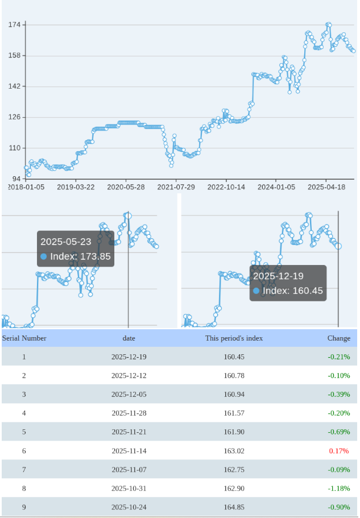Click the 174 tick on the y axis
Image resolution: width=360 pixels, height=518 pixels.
[15, 25]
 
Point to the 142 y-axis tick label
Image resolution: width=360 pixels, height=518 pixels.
[15, 86]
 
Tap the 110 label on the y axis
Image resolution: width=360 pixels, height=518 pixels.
[15, 148]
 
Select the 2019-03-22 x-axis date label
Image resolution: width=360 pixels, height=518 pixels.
[76, 187]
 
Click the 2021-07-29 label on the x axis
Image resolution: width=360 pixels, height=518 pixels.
[176, 187]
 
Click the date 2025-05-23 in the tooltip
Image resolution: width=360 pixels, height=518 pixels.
[66, 242]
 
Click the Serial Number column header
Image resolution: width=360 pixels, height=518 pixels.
[24, 338]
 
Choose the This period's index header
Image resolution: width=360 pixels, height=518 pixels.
[234, 338]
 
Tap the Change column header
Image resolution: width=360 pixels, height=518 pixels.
[339, 338]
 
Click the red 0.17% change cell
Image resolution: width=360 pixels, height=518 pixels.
[339, 451]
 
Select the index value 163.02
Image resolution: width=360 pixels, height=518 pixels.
[234, 451]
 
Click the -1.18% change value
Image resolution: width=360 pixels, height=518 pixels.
[339, 488]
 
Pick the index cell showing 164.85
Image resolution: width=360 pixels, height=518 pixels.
[234, 507]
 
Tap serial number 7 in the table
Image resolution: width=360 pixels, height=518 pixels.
[24, 470]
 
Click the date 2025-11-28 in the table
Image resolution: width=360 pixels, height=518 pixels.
[129, 413]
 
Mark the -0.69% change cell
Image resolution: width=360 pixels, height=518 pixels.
[339, 432]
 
